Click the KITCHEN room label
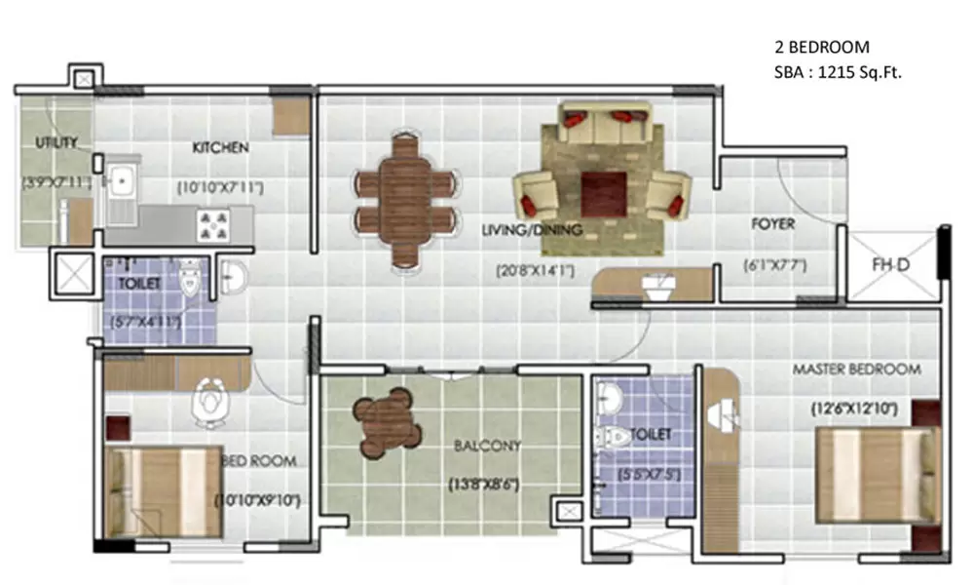coord(220,148)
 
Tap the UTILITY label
coord(56,143)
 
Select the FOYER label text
coord(772,224)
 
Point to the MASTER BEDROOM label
coord(856,370)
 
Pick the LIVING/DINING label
coord(532,231)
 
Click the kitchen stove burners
coord(214,226)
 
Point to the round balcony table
coord(390,423)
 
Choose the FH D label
coord(890,263)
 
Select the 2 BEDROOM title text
coord(821,47)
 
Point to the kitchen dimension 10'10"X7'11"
coord(220,185)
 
